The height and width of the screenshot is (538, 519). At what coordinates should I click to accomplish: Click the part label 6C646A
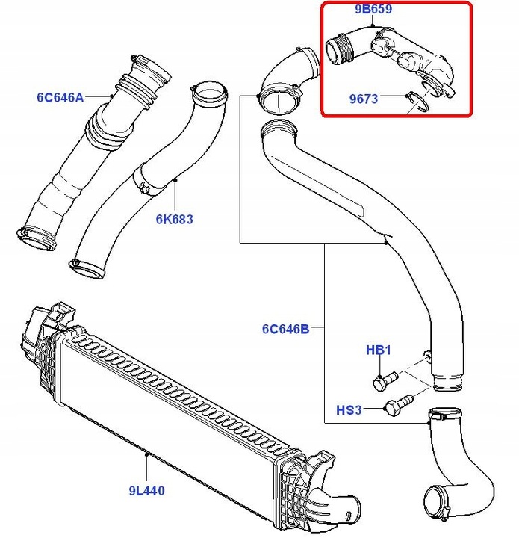tap(60, 96)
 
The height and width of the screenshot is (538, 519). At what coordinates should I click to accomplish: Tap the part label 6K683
tap(174, 219)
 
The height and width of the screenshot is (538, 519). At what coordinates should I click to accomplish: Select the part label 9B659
tap(374, 9)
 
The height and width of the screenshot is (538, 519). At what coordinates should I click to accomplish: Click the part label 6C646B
tap(285, 327)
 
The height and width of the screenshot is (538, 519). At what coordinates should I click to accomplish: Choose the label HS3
tap(349, 409)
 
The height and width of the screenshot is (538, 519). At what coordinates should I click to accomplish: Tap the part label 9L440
tap(146, 491)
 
